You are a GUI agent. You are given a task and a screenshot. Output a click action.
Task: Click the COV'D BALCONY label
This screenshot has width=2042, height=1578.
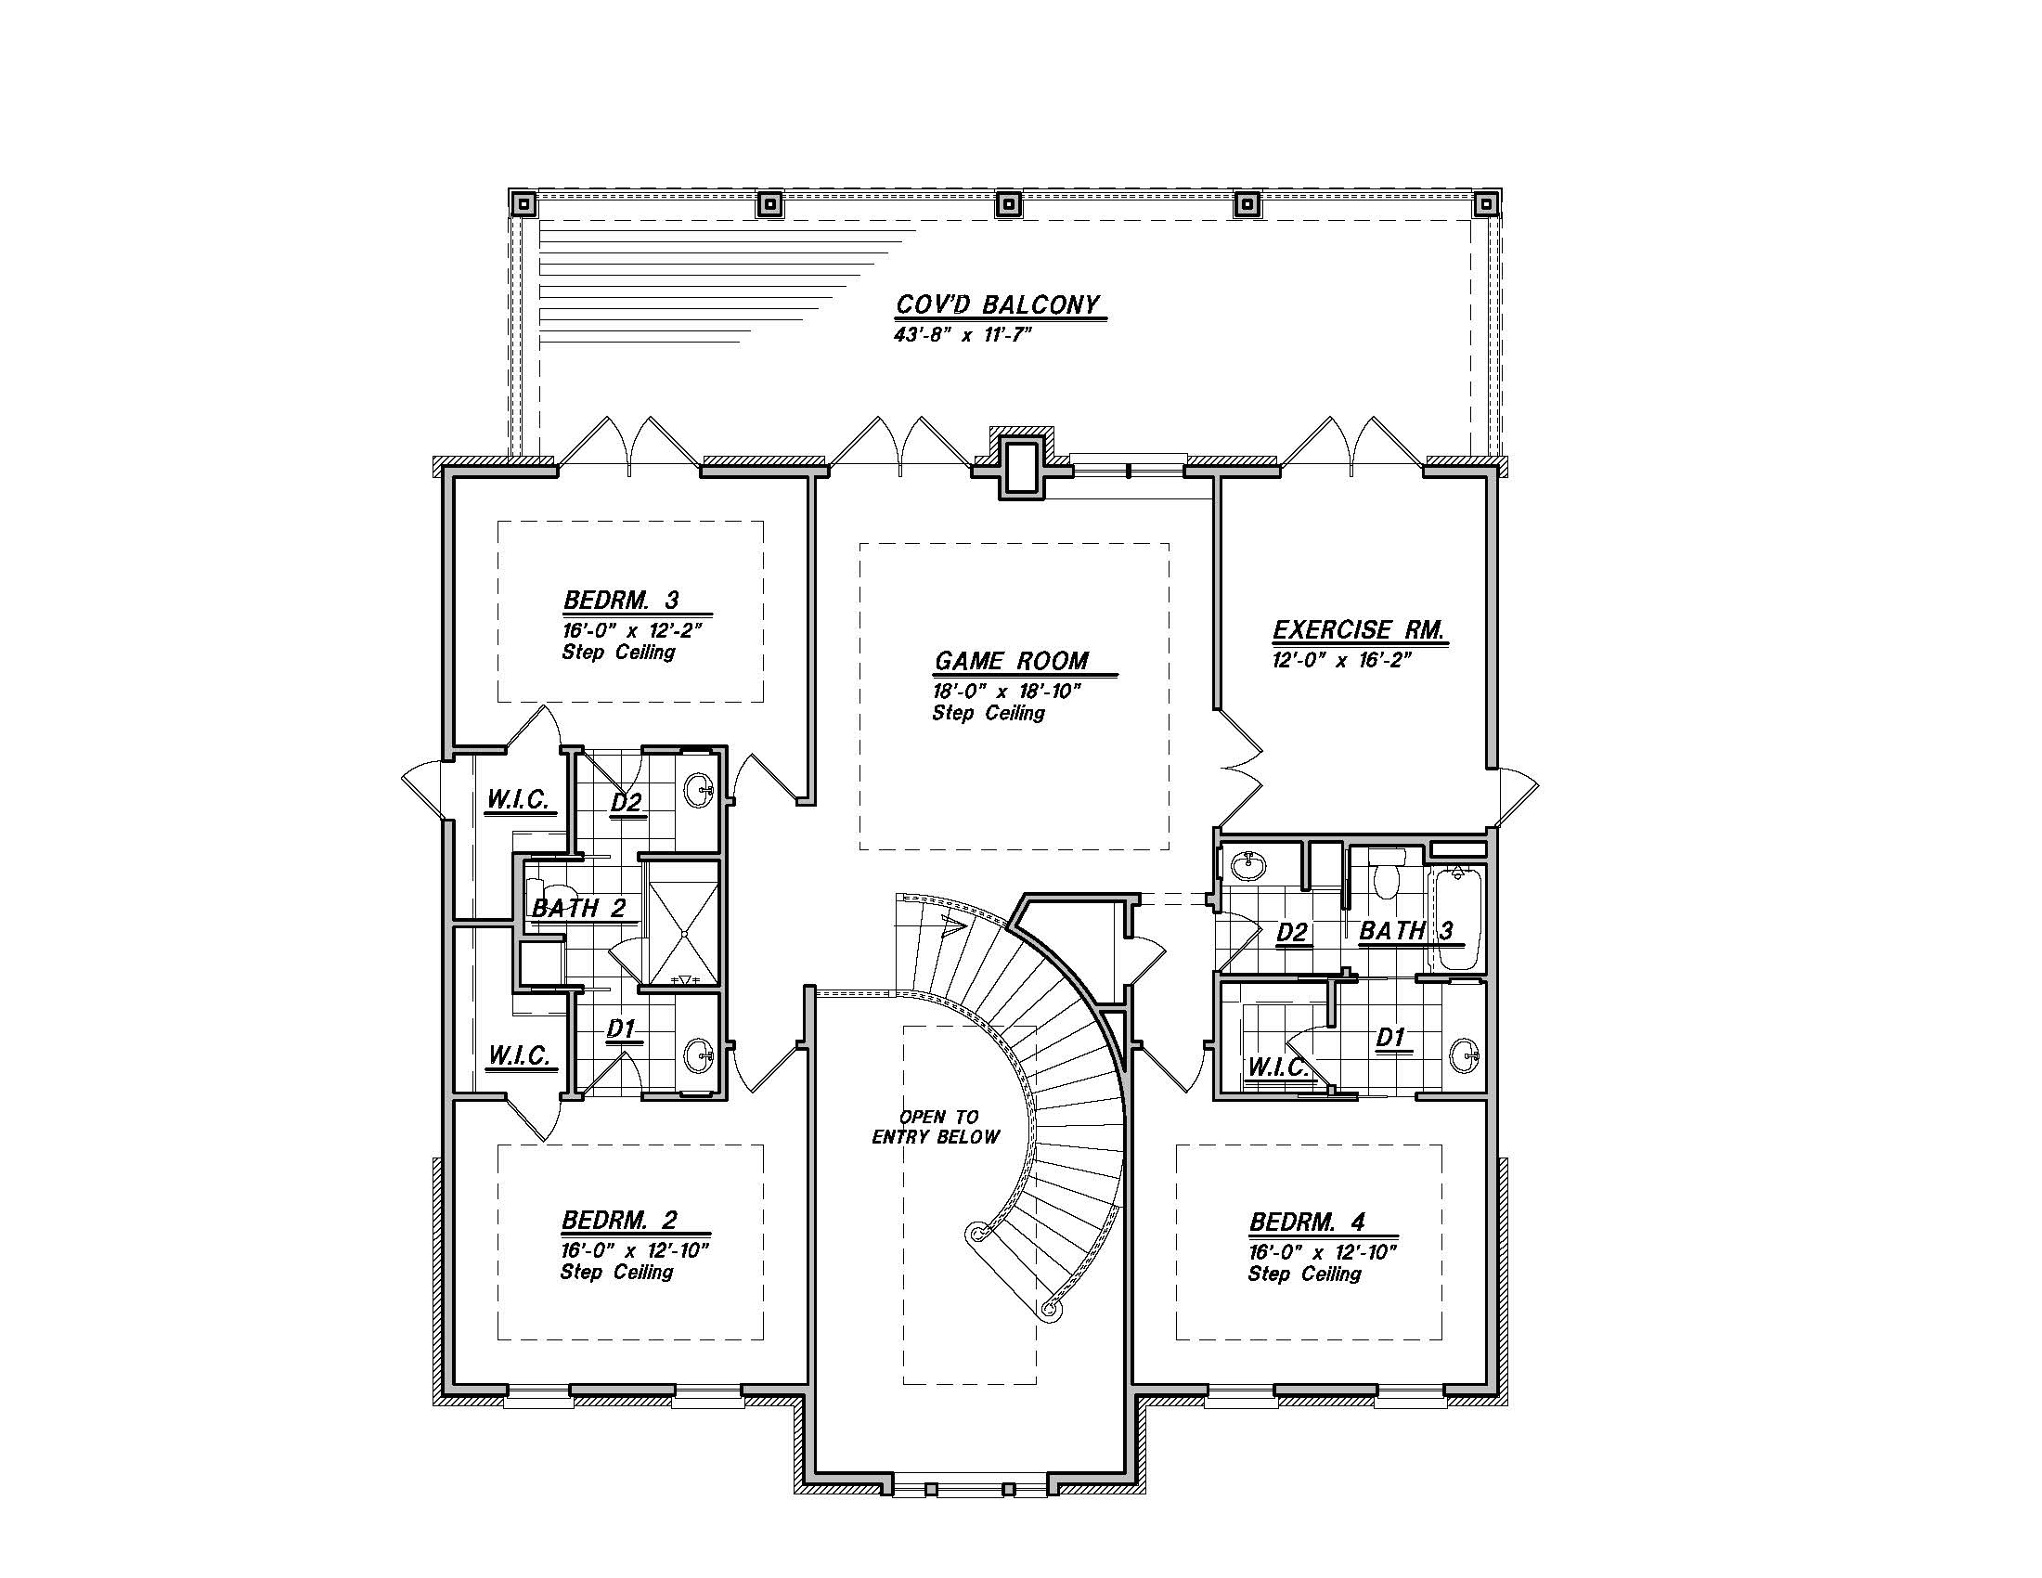click(x=998, y=305)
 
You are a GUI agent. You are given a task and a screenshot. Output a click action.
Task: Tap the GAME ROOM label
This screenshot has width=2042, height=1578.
click(x=1012, y=661)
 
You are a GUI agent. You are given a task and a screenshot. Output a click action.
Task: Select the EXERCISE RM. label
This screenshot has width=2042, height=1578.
click(x=1359, y=630)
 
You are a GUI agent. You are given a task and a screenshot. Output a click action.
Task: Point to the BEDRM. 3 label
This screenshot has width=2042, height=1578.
click(x=621, y=600)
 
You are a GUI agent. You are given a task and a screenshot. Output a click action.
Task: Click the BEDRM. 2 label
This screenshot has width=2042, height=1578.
click(x=619, y=1220)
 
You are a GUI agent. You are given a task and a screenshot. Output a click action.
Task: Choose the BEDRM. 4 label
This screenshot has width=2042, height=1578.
click(x=1307, y=1222)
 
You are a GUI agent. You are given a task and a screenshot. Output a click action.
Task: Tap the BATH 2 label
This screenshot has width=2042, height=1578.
click(x=579, y=908)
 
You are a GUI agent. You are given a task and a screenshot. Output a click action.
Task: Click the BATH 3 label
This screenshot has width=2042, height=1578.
click(x=1406, y=930)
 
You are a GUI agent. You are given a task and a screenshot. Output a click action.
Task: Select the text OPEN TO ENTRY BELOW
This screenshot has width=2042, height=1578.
click(x=936, y=1127)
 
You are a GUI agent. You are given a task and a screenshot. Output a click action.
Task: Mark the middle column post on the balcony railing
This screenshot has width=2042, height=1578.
click(x=1008, y=203)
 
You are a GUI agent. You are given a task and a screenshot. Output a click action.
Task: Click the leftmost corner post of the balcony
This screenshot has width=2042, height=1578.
click(x=523, y=203)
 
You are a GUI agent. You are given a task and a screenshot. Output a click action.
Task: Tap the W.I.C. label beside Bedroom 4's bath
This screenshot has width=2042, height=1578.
click(x=1278, y=1067)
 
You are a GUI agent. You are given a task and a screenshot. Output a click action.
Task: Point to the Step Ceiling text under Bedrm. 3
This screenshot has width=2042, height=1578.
click(x=618, y=652)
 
